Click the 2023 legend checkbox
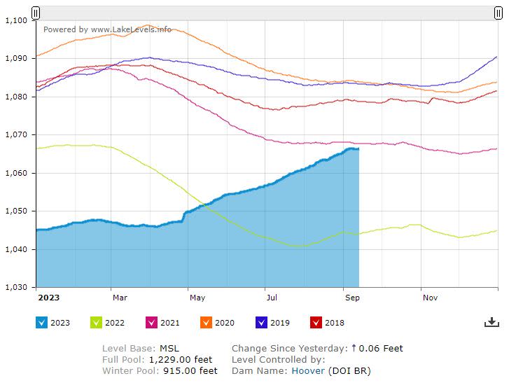pos(41,322)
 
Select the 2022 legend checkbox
pos(97,322)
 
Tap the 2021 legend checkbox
pos(151,322)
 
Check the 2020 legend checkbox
pos(206,322)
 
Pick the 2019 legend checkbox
pos(261,322)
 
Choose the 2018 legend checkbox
pos(316,322)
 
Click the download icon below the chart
pos(491,322)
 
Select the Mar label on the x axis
pos(119,297)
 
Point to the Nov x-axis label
pos(430,297)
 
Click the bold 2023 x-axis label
pos(48,297)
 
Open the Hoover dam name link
pos(307,370)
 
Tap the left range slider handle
pos(36,13)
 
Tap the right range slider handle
pos(498,13)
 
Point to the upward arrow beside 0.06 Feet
pos(354,348)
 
